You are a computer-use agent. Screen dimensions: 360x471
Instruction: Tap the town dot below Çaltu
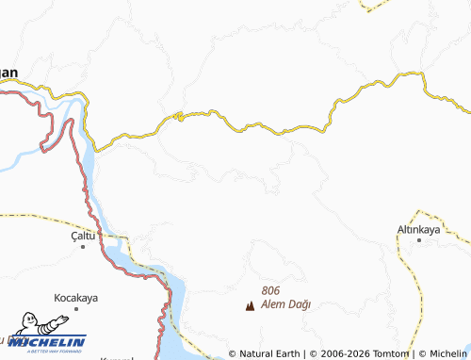84,246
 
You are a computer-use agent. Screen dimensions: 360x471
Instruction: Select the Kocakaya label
76,298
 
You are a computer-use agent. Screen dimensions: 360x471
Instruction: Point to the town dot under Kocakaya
76,310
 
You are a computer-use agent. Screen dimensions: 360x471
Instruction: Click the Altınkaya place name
419,229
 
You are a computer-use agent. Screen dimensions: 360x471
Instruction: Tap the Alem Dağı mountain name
286,304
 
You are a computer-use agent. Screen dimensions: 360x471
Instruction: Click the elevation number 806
272,291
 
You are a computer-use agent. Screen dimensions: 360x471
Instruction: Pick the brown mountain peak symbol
250,306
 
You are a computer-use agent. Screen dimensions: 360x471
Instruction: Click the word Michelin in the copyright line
447,353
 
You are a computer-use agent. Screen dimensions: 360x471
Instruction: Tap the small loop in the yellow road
178,117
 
